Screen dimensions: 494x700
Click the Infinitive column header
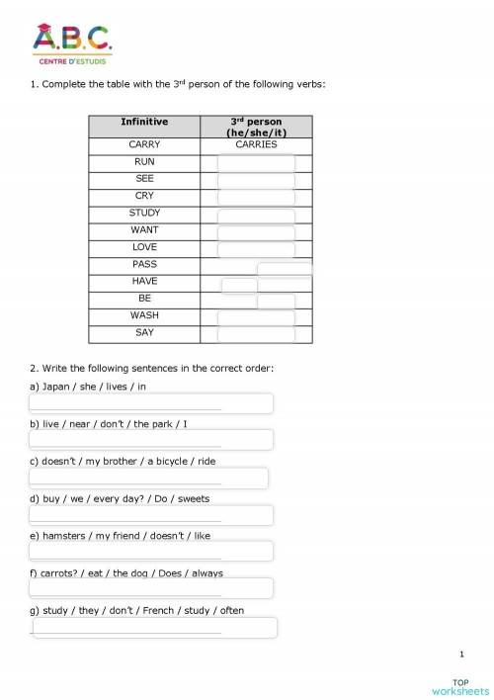click(144, 122)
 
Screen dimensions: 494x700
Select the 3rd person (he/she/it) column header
click(255, 127)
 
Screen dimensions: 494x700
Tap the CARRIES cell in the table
click(256, 144)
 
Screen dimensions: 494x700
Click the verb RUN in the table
click(144, 161)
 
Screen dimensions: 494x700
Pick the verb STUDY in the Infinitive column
click(144, 213)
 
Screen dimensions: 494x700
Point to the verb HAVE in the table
click(144, 281)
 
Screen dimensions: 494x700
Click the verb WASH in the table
click(144, 315)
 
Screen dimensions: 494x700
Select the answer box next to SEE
click(256, 179)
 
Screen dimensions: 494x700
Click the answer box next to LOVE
click(256, 247)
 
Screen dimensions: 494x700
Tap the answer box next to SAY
click(256, 333)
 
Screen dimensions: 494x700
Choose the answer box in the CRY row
click(256, 196)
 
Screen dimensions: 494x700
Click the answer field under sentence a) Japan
click(151, 403)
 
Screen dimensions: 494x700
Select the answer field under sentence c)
click(148, 479)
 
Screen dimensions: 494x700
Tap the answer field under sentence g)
click(154, 628)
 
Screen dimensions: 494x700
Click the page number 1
click(461, 654)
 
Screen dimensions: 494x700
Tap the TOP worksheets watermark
click(459, 685)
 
